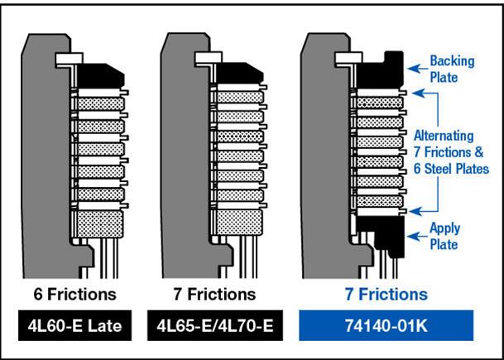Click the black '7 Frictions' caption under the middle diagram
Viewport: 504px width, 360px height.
[218, 294]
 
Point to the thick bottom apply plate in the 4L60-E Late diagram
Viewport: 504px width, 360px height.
[98, 223]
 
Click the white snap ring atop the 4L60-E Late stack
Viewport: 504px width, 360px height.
[67, 60]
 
